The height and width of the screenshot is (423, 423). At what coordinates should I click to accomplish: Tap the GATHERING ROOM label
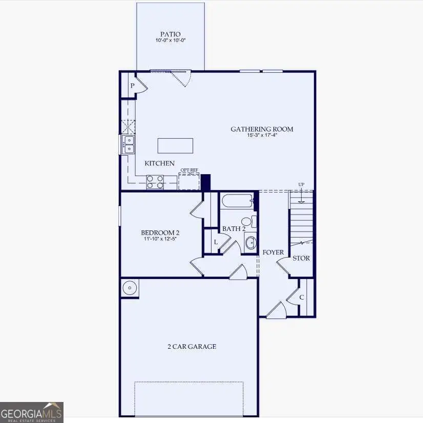point(262,129)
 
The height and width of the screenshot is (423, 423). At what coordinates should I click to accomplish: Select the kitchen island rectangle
point(176,145)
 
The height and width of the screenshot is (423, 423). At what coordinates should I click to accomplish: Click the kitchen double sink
point(129,144)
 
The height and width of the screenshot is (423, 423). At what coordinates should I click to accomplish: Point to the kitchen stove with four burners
point(155,182)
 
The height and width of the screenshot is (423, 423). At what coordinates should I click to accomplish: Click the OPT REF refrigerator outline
point(189,181)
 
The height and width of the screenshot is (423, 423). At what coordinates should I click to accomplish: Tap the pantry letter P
point(132,86)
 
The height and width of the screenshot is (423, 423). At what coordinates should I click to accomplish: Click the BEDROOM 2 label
point(160,232)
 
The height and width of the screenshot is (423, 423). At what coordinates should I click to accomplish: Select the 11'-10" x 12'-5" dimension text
point(160,239)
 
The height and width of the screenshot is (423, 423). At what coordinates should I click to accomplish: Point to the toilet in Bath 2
point(247,222)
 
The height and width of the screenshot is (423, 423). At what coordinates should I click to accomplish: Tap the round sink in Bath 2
point(250,243)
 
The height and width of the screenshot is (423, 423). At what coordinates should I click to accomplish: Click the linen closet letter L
point(216,242)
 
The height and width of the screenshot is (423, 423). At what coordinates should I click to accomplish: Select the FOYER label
point(273,252)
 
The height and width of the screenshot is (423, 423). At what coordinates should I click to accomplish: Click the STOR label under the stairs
point(301,258)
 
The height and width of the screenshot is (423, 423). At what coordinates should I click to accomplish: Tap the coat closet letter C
point(302,297)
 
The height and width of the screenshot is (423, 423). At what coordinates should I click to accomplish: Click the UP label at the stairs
point(302,184)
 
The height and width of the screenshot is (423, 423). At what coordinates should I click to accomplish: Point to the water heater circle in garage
point(130,288)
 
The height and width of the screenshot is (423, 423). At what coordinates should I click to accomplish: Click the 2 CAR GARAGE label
point(192,347)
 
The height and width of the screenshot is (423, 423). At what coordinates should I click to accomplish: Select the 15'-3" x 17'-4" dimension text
point(262,136)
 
